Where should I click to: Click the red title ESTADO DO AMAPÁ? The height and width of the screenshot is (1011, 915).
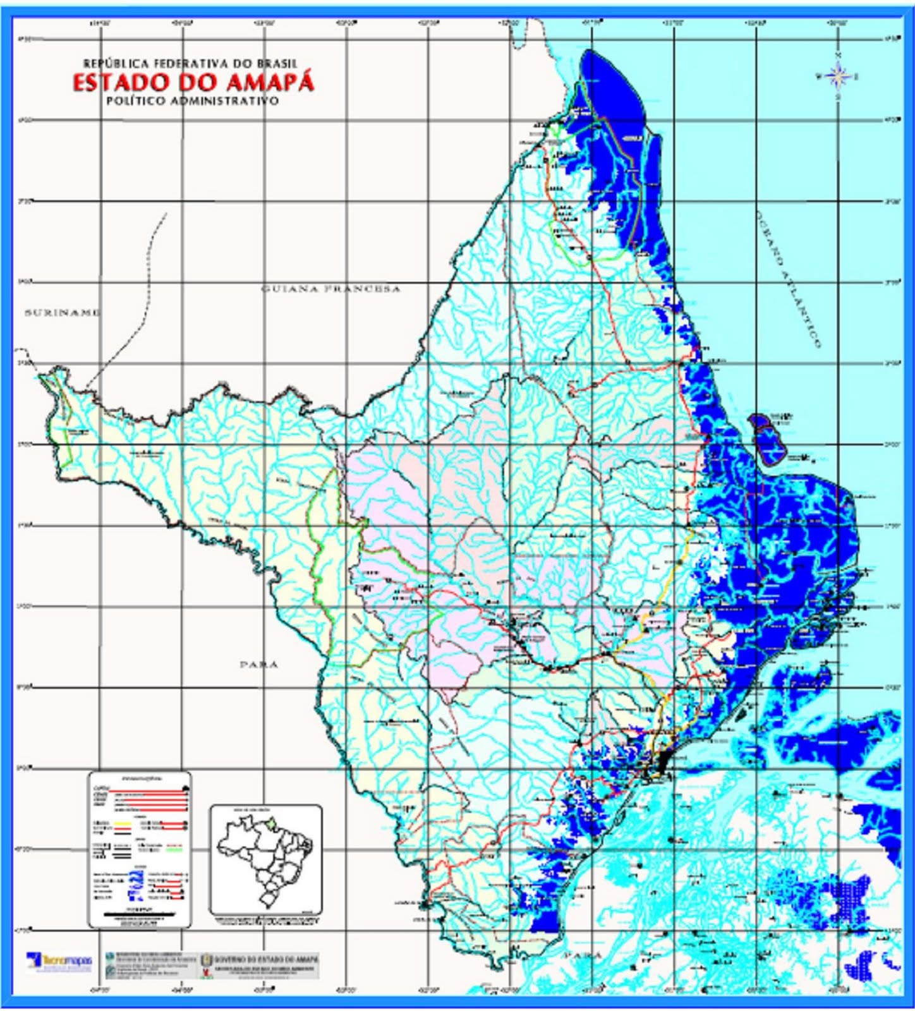click(193, 83)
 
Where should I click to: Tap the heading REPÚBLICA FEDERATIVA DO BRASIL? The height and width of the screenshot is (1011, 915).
click(190, 63)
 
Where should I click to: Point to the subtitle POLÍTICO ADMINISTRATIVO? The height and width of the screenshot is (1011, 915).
click(193, 101)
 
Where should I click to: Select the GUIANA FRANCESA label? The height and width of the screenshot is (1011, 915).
click(331, 289)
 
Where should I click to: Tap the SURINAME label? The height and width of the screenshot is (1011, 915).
click(62, 313)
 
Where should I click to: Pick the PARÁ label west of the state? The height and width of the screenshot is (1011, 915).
click(258, 664)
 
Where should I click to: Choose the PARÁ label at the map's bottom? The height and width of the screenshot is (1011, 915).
click(584, 955)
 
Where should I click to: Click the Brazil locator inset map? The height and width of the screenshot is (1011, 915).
click(265, 859)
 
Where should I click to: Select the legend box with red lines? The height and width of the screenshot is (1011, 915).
click(139, 849)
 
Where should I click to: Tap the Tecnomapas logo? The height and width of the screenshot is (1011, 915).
click(60, 961)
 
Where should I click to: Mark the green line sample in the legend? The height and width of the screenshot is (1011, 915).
click(173, 850)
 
